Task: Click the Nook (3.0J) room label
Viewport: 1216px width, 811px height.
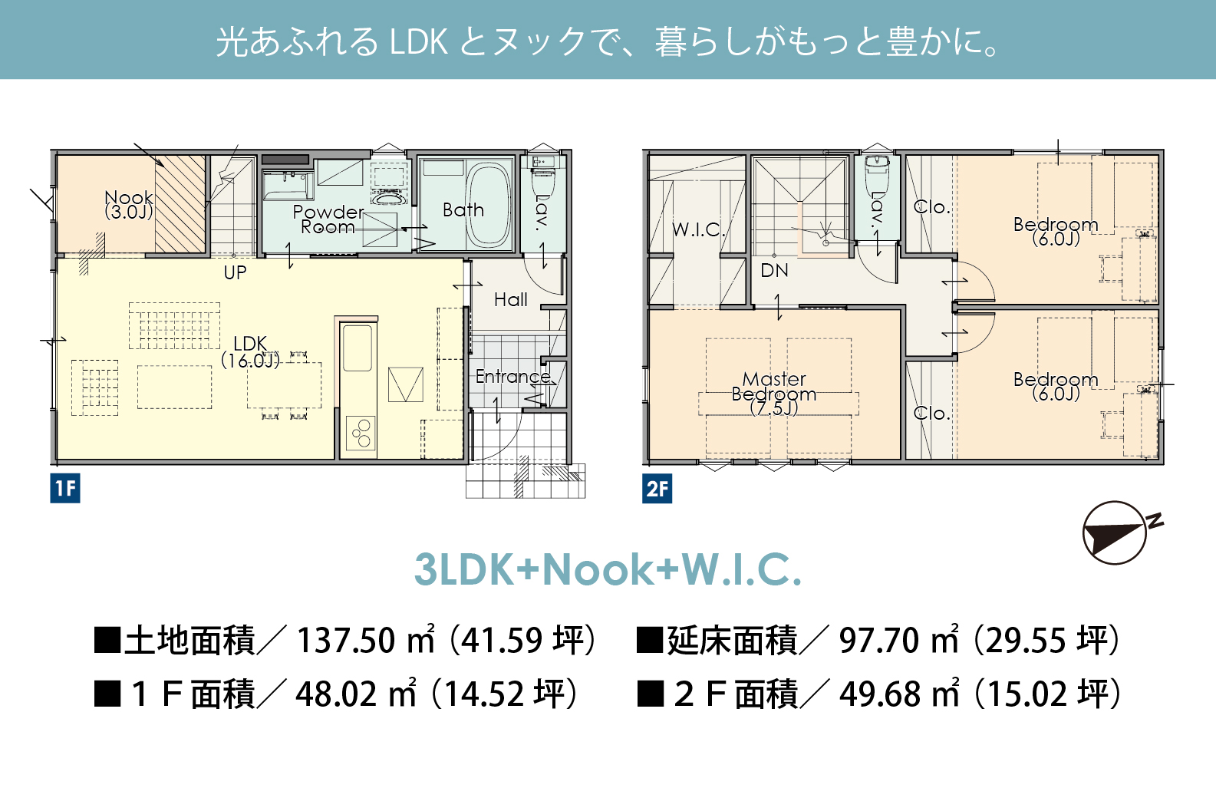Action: pos(129,205)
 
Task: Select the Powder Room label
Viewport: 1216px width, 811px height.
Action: pos(328,219)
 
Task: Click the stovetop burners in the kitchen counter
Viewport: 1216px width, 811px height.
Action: pos(361,433)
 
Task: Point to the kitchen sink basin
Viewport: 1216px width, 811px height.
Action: pos(358,348)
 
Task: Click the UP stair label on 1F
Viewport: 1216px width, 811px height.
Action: pos(235,272)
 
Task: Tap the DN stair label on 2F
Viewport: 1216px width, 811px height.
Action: pos(775,270)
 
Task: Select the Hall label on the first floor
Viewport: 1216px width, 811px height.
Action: pos(510,300)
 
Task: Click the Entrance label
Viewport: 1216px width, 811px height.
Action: pos(513,376)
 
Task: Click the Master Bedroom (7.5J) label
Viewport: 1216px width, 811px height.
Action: pos(774,394)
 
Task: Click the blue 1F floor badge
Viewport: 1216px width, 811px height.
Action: pos(65,488)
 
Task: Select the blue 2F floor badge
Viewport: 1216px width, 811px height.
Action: pos(657,488)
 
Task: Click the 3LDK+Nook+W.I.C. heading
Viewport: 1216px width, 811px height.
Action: pos(608,569)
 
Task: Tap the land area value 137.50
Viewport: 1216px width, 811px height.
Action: pos(346,641)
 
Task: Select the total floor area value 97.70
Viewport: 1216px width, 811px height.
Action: pos(878,641)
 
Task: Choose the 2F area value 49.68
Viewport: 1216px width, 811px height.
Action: pos(880,694)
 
